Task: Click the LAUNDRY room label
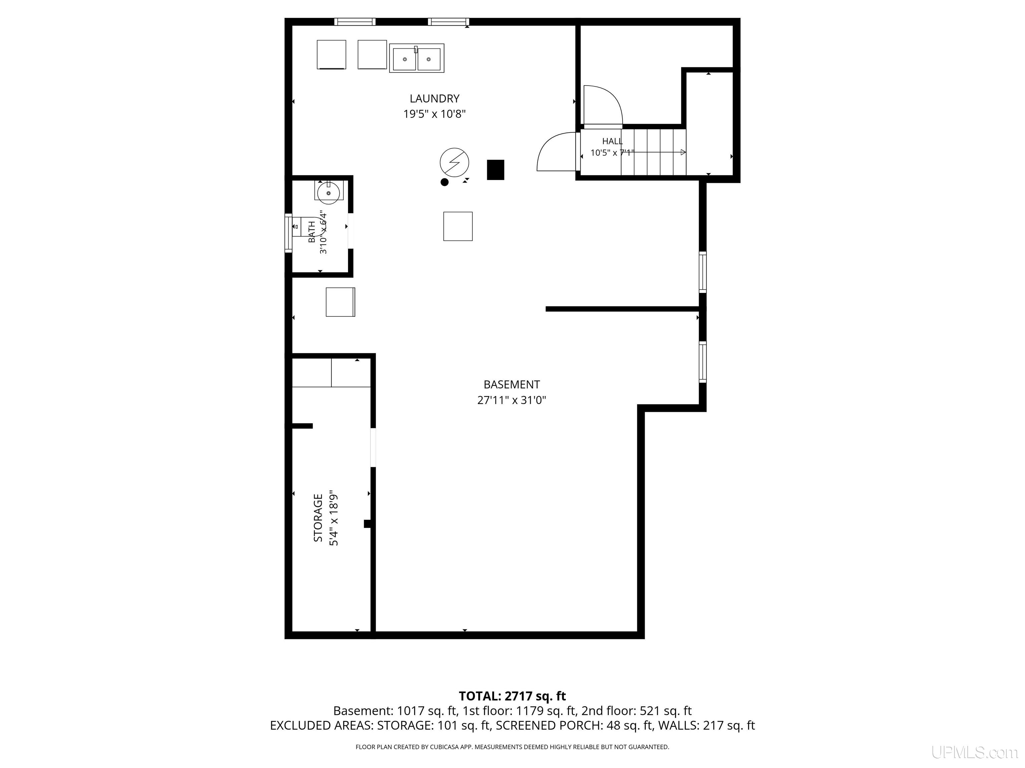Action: (x=434, y=99)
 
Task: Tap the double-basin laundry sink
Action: (x=417, y=58)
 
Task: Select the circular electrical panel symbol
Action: (x=454, y=162)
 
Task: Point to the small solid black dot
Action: (x=444, y=182)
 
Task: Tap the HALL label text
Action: (x=612, y=141)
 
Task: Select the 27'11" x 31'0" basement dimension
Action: (x=511, y=400)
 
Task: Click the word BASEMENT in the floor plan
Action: (x=511, y=385)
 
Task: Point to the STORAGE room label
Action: (x=318, y=518)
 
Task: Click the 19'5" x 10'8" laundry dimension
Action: (x=434, y=114)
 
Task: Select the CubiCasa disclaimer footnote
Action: (x=512, y=747)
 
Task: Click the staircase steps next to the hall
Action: (x=653, y=152)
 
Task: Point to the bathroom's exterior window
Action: (x=288, y=233)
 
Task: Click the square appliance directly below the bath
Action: (x=341, y=302)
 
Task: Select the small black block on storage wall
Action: (x=367, y=524)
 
